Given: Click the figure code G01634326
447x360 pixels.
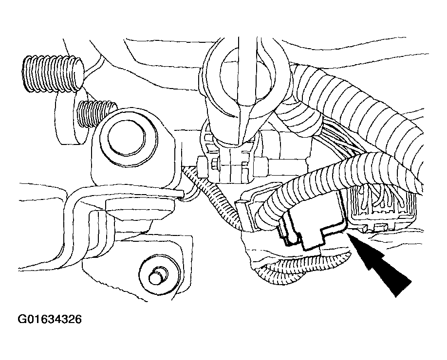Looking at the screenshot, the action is [50, 319].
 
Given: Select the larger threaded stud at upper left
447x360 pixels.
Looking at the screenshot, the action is [53, 73].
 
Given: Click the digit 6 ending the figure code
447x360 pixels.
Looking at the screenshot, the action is [78, 319].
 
